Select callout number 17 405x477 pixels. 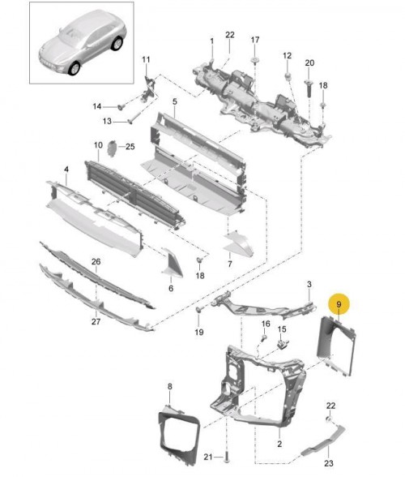click(x=254, y=40)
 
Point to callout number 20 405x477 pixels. click(x=309, y=63)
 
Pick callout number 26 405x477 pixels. click(x=96, y=262)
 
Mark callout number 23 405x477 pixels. click(x=328, y=463)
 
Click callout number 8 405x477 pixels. click(x=169, y=386)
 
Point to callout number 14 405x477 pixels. click(x=96, y=106)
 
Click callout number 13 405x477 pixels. click(x=106, y=122)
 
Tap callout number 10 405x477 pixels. click(x=97, y=146)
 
